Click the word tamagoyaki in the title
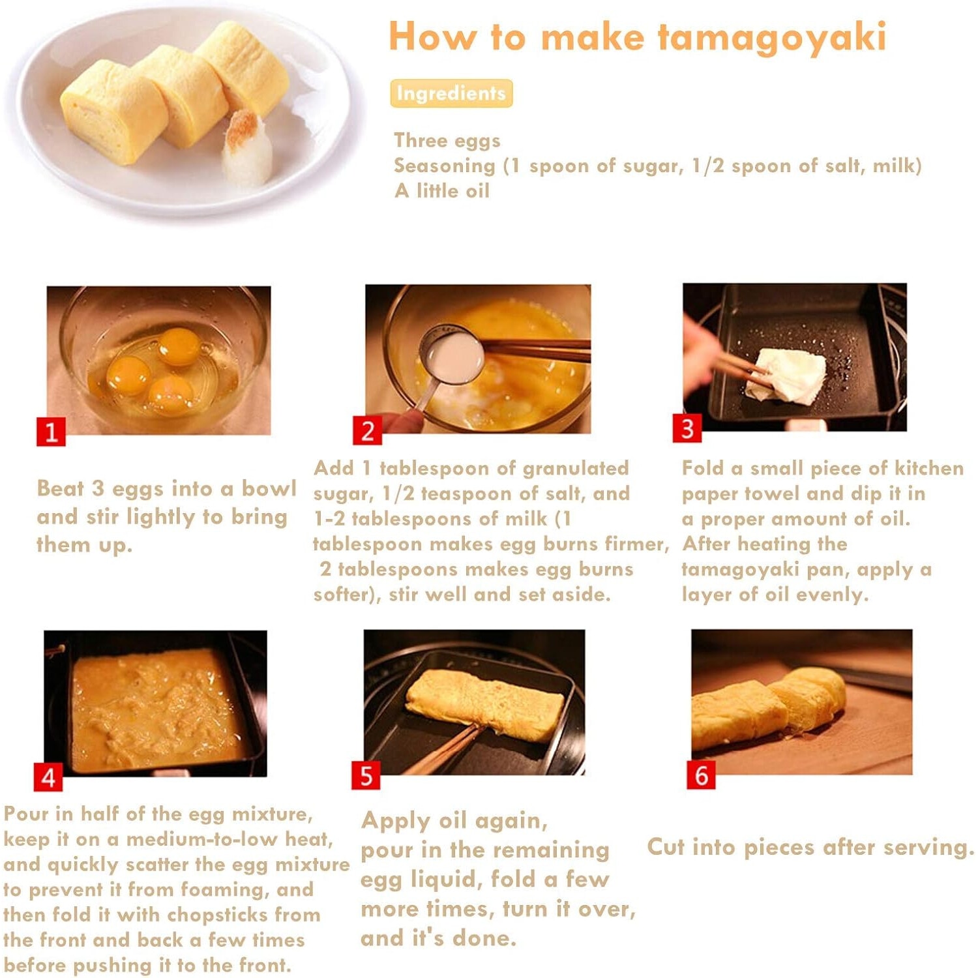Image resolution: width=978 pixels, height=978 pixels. click(772, 37)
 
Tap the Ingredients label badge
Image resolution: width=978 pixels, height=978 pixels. click(451, 93)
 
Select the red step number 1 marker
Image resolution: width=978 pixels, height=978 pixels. click(51, 432)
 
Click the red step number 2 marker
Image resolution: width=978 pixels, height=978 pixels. click(367, 430)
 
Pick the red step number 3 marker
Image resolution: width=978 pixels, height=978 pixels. click(687, 428)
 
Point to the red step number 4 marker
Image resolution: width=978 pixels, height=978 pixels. click(48, 777)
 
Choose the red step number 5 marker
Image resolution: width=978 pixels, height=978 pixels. click(366, 775)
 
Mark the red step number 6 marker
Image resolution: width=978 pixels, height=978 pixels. click(701, 775)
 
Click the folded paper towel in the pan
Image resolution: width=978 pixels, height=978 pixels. click(786, 375)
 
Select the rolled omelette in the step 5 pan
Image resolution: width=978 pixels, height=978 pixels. click(484, 704)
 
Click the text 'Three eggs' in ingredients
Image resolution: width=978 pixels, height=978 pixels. click(447, 140)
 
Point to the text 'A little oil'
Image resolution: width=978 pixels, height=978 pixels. click(441, 190)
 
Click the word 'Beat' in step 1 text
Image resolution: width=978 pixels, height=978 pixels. click(61, 488)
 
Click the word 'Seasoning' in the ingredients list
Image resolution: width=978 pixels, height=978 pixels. click(445, 166)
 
